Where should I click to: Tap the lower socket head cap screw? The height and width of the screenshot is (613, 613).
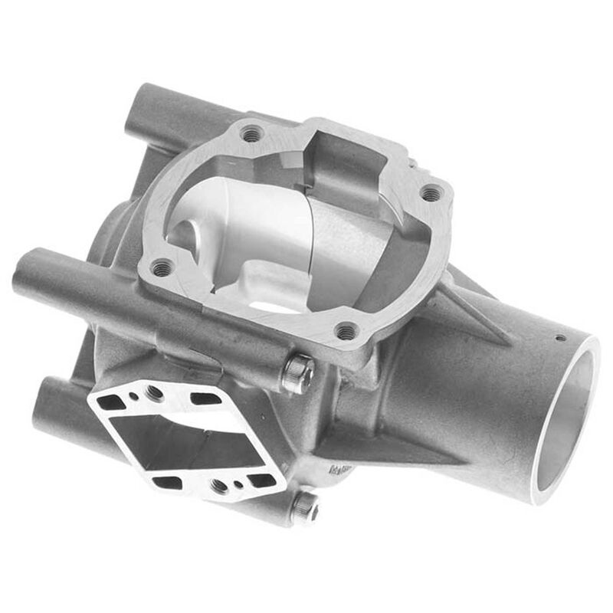[x=304, y=506]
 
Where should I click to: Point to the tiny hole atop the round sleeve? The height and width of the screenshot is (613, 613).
[x=560, y=338]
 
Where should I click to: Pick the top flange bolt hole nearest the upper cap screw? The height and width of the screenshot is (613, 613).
[x=346, y=331]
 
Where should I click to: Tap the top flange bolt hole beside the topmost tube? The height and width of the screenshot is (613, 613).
[x=251, y=133]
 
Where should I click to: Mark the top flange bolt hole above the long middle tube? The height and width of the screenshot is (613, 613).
[x=162, y=267]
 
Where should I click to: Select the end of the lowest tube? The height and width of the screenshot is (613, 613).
[x=41, y=415]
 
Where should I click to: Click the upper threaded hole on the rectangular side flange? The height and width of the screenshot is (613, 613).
[x=155, y=392]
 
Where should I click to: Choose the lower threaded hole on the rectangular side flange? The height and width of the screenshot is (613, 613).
[x=219, y=484]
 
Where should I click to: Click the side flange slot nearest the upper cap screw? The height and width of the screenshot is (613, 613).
[x=205, y=398]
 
